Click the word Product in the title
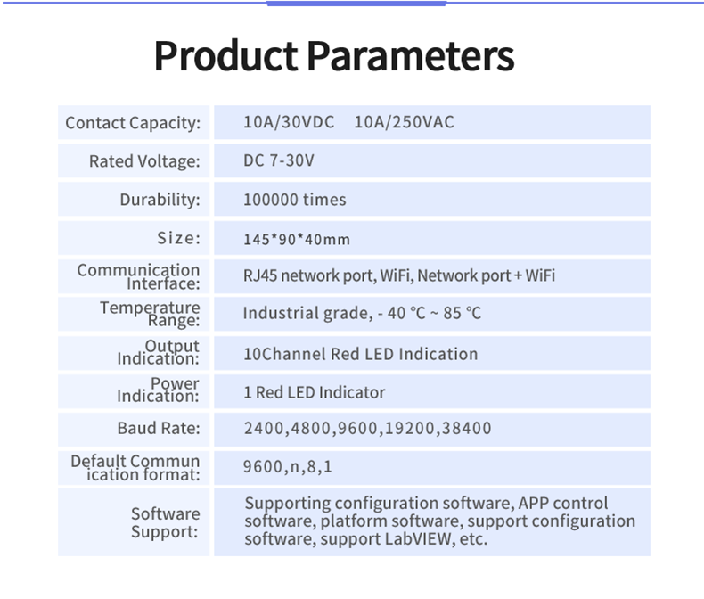coord(225,55)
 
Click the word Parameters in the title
coord(411,55)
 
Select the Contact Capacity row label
coord(133,123)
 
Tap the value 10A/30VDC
coord(289,122)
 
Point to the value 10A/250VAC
coord(404,122)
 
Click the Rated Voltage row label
coord(144,161)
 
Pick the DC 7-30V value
coord(279,160)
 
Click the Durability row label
coord(160,200)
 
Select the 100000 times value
coord(295,200)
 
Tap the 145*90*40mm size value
coord(297,239)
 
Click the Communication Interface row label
coord(138,276)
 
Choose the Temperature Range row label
coord(150,314)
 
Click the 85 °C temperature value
coord(462,313)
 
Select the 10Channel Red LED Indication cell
coord(361,354)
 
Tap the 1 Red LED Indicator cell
coord(315,392)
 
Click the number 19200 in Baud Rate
coord(410,429)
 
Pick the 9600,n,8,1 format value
coord(288,467)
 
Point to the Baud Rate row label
coord(159,429)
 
